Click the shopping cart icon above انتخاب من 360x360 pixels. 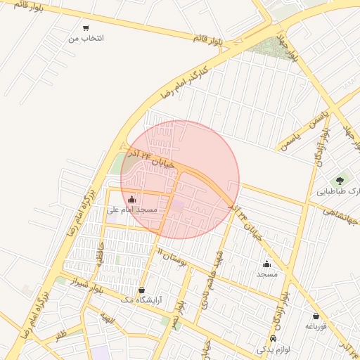(86, 28)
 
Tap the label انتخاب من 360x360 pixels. (86, 38)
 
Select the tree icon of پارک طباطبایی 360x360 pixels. (342, 181)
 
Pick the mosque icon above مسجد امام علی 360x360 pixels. (131, 199)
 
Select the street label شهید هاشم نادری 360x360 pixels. (213, 274)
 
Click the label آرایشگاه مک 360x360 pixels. (141, 300)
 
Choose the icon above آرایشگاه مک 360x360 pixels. (142, 290)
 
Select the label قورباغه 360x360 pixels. (314, 326)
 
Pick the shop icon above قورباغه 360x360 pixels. (315, 316)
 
